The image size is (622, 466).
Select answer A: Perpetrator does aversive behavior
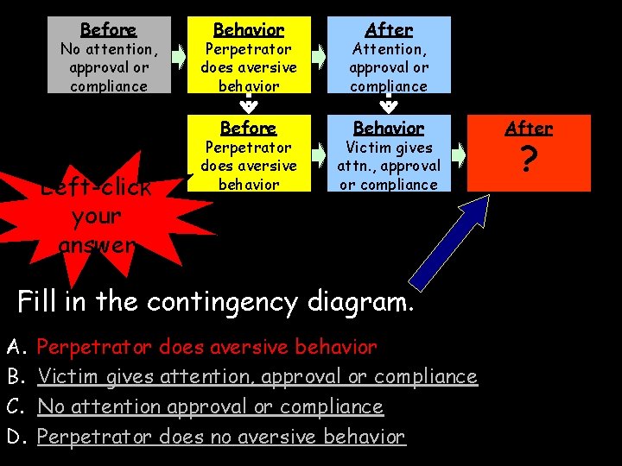click(207, 348)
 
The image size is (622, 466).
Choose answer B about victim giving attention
click(257, 377)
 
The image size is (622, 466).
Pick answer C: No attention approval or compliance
click(210, 406)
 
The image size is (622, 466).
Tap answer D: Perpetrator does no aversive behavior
click(221, 437)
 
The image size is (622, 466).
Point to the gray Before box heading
click(109, 30)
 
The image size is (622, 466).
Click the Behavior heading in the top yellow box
click(249, 30)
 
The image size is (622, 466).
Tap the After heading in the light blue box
click(389, 30)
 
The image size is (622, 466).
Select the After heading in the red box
click(529, 129)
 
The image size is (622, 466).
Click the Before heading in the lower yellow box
click(249, 129)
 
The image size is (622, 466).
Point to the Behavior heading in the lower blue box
click(389, 129)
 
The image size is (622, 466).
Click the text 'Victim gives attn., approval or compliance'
click(389, 166)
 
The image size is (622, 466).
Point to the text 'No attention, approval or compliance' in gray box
click(109, 67)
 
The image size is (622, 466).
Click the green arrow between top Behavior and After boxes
click(319, 57)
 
